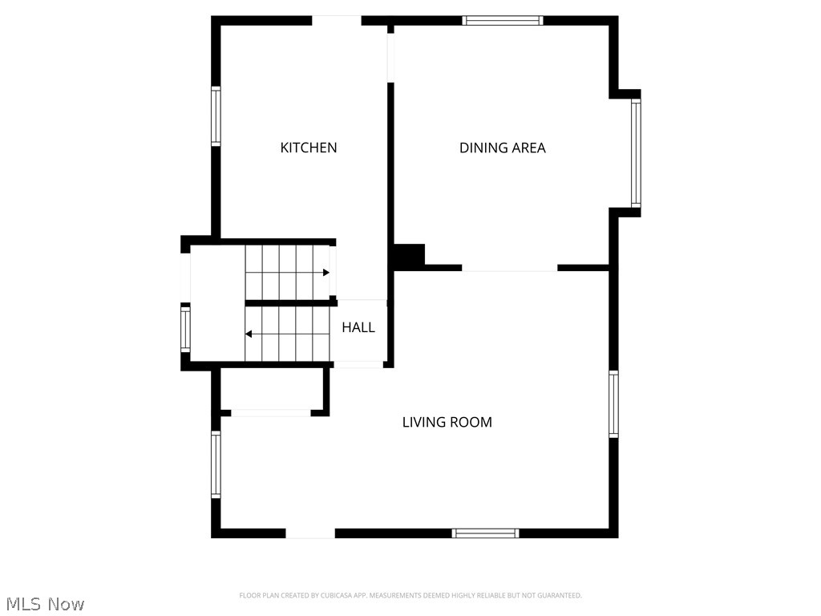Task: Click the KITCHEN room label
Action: coord(308,148)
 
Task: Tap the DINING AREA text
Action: coord(502,148)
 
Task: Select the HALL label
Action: coord(358,327)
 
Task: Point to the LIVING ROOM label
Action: coord(447,422)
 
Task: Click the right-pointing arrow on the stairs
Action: coord(326,273)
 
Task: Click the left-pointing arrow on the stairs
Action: coord(249,334)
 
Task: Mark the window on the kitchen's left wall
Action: coord(216,116)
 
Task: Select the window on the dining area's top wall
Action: coord(503,21)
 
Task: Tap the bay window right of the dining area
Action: coord(636,152)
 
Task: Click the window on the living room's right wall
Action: coord(613,403)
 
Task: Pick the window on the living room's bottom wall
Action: coord(485,533)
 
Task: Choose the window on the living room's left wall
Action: coord(216,464)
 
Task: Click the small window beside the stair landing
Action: coord(185,329)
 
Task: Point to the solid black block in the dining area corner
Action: coord(409,256)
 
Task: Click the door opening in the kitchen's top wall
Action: coord(337,21)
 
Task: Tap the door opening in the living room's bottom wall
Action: coord(310,533)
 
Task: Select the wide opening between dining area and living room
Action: coord(509,268)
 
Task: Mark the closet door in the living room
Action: coord(271,412)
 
